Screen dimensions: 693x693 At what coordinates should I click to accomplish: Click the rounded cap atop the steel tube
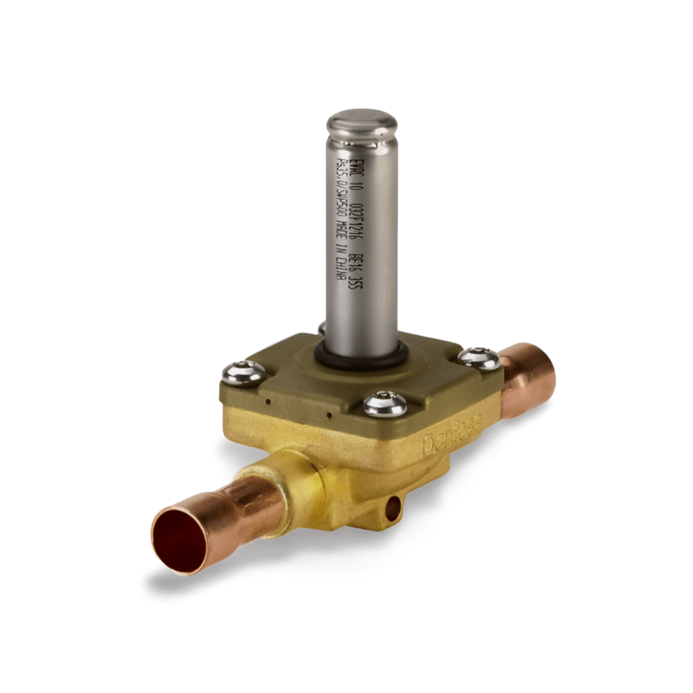click(x=361, y=125)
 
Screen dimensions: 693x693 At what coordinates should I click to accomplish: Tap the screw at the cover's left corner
click(x=244, y=372)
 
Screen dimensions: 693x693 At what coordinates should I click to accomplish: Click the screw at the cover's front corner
click(x=385, y=404)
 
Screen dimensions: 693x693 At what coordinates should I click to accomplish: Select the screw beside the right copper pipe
click(x=479, y=358)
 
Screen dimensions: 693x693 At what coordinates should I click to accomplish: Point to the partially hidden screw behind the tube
click(x=322, y=329)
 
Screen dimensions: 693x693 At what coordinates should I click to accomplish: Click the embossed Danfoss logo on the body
click(x=453, y=436)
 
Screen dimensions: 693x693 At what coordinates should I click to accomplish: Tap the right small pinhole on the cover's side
click(x=329, y=415)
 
